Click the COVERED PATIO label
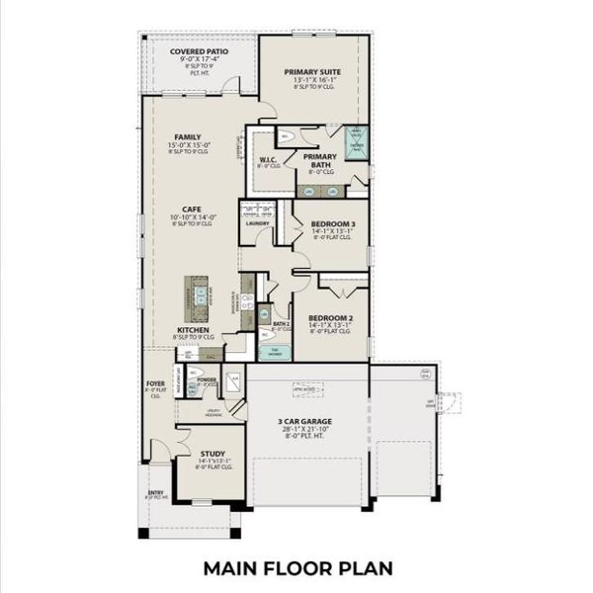(x=199, y=51)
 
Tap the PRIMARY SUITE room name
(x=314, y=72)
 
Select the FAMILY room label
(x=188, y=137)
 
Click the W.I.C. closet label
(x=267, y=160)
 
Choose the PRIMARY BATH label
(x=319, y=160)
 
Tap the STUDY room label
(x=212, y=455)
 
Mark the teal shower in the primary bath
(x=355, y=139)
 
